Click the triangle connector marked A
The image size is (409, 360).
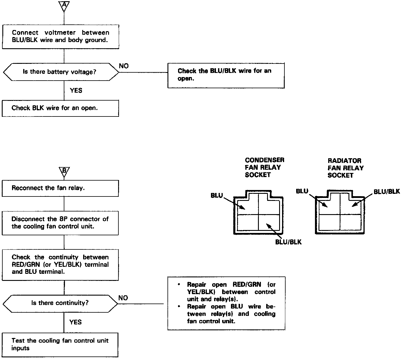pos(64,5)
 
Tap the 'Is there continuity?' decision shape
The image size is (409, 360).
pos(60,303)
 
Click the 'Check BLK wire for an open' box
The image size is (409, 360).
pos(60,108)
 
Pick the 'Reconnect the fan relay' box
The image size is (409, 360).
pos(60,188)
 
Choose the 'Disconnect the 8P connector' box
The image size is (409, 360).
pos(60,223)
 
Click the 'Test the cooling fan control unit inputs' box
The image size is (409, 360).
pos(60,344)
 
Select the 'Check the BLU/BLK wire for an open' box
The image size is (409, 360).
pos(226,75)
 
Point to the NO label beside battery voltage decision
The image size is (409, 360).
pos(124,66)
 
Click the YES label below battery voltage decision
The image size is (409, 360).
pos(76,91)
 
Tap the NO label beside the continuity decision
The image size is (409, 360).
pos(123,298)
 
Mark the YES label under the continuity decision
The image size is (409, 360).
pos(76,322)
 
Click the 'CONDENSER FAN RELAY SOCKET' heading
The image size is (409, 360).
pos(264,167)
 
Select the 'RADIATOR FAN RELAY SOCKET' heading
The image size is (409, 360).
pos(346,168)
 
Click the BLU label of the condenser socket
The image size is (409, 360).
pos(217,196)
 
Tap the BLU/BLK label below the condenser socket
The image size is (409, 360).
pos(288,242)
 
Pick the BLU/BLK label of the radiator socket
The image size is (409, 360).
pos(387,192)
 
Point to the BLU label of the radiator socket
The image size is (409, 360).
pos(302,191)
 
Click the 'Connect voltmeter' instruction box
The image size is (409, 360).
pos(60,36)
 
